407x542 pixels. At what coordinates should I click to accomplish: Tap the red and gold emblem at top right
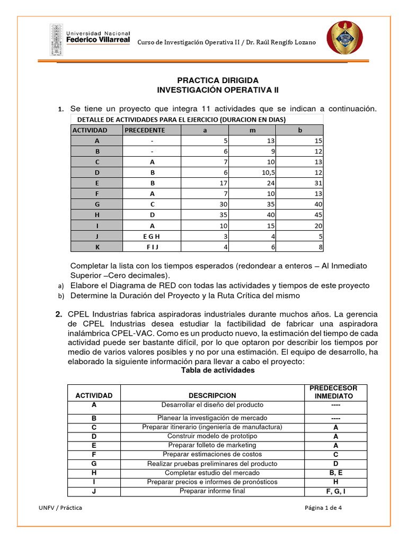point(345,38)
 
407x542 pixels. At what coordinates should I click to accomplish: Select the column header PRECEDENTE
point(145,130)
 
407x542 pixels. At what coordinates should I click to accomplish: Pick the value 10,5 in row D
point(262,173)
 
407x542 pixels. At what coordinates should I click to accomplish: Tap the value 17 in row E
point(223,183)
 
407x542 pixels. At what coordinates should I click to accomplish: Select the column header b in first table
point(299,130)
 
